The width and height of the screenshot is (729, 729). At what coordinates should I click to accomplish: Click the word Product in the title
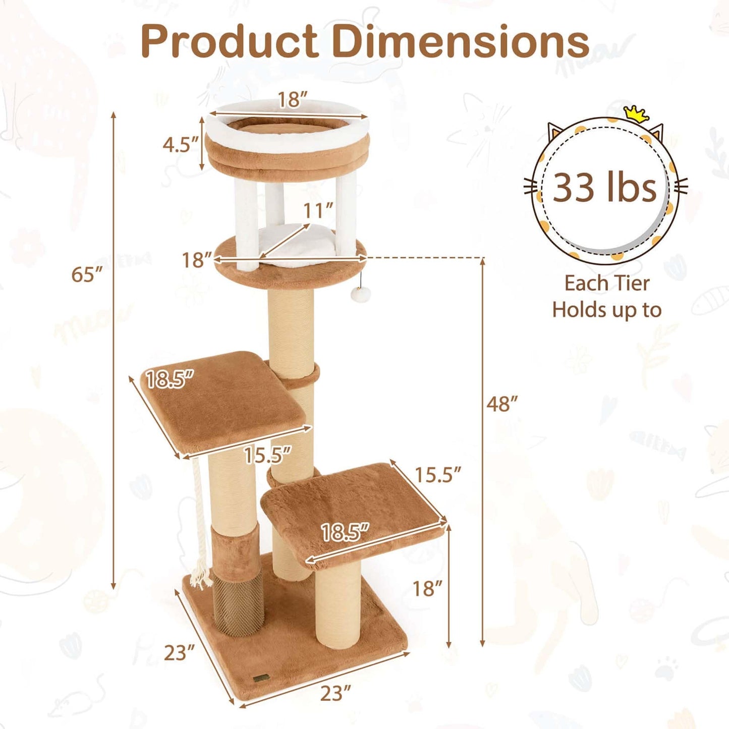pyautogui.click(x=230, y=41)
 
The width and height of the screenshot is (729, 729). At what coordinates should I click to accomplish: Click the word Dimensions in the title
pyautogui.click(x=460, y=41)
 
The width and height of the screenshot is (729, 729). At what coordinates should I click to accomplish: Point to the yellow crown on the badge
pyautogui.click(x=637, y=114)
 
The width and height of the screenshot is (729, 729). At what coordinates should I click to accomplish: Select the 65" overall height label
pyautogui.click(x=87, y=275)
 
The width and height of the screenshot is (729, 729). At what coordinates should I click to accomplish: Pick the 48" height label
pyautogui.click(x=502, y=404)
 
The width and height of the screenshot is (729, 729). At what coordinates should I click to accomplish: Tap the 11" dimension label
pyautogui.click(x=318, y=210)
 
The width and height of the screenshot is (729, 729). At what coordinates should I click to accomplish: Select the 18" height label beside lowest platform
pyautogui.click(x=427, y=588)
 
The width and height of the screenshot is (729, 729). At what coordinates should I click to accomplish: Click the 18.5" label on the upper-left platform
pyautogui.click(x=170, y=379)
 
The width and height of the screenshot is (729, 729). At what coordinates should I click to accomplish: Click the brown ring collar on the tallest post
pyautogui.click(x=302, y=374)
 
